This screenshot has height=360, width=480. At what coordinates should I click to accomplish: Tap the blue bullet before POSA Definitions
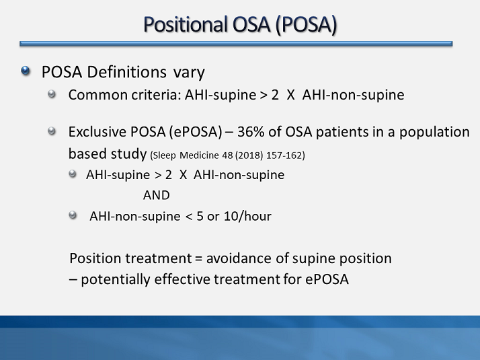(x=26, y=71)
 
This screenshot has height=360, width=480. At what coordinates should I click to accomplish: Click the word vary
(x=188, y=71)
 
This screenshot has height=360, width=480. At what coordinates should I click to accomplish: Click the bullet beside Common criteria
(x=52, y=94)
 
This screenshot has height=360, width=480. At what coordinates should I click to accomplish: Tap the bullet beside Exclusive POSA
(x=52, y=131)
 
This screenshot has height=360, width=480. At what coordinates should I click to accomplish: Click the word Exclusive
(x=95, y=132)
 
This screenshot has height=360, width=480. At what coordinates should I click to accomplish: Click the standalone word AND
(x=156, y=195)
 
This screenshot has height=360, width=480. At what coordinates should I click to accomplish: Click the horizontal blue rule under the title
(x=236, y=44)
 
